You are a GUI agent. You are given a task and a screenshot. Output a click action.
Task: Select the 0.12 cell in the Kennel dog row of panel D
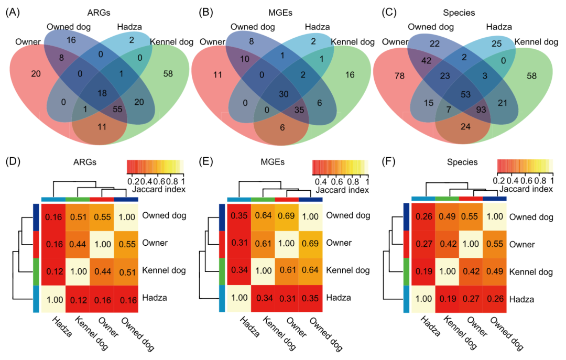click(x=54, y=272)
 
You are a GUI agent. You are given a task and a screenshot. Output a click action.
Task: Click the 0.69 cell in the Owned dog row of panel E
click(x=287, y=215)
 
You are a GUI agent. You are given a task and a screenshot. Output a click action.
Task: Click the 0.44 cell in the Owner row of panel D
click(x=78, y=244)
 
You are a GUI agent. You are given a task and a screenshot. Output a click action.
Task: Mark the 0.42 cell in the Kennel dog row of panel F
click(x=471, y=272)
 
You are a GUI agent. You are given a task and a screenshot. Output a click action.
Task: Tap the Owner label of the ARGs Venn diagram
click(x=27, y=41)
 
